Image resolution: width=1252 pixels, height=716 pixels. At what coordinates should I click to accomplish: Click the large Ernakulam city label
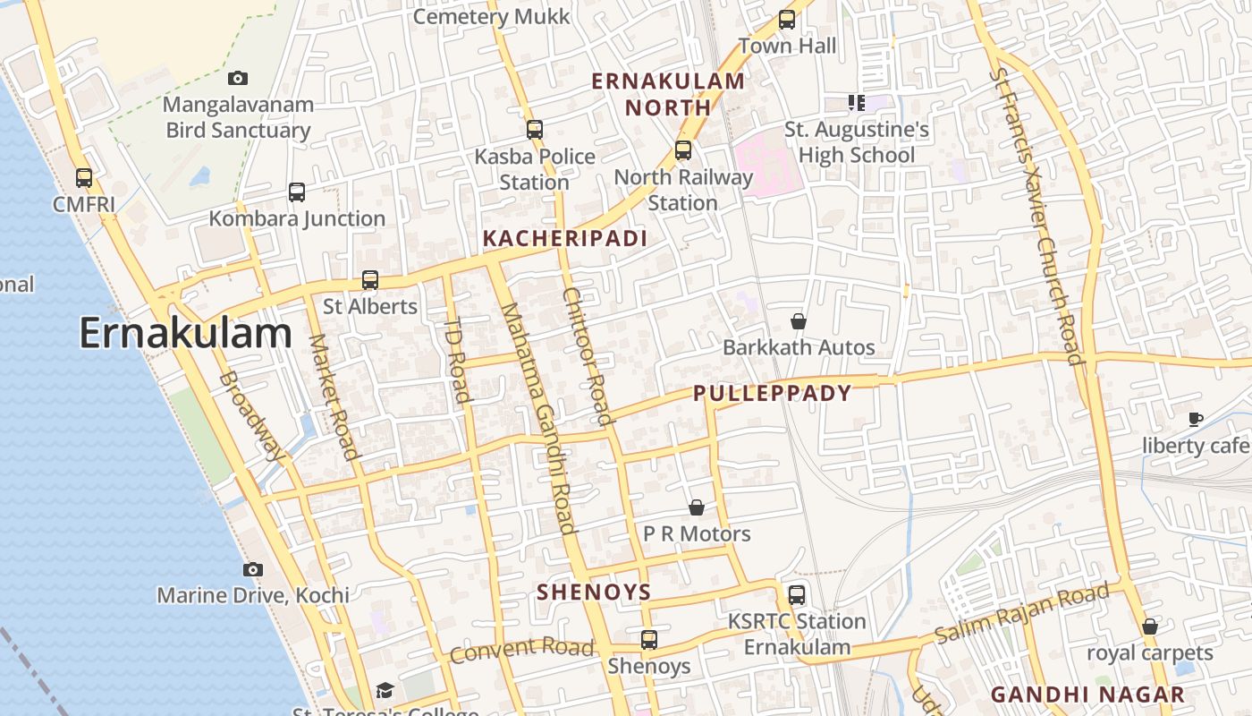[x=185, y=333]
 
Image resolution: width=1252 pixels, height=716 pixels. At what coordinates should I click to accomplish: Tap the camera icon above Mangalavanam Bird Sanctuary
[x=238, y=78]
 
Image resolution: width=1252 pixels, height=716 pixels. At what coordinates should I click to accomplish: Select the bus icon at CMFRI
[x=84, y=178]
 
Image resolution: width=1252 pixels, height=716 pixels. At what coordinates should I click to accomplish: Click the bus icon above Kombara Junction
[x=297, y=192]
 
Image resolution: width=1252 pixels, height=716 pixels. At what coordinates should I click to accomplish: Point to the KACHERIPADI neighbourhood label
[x=564, y=238]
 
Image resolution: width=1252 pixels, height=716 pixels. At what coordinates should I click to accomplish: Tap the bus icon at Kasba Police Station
[x=535, y=130]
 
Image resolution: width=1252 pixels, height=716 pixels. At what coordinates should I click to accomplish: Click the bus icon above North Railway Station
[x=683, y=150]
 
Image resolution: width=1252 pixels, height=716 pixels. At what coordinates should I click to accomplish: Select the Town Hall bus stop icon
[x=787, y=20]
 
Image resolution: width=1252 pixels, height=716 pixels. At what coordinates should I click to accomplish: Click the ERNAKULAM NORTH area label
[x=668, y=94]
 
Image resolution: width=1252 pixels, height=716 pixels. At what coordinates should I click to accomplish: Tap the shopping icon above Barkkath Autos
[x=799, y=320]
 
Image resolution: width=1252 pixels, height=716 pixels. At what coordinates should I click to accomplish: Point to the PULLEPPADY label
[x=772, y=393]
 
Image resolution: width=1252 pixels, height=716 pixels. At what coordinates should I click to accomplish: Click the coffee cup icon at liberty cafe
[x=1196, y=419]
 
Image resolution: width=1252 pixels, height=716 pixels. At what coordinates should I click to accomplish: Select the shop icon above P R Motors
[x=697, y=507]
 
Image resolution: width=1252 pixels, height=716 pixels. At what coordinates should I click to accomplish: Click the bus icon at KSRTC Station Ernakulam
[x=796, y=594]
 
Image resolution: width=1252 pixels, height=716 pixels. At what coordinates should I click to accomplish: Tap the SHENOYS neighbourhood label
[x=594, y=592]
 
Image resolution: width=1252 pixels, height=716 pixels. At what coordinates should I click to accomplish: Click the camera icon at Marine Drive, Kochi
[x=253, y=569]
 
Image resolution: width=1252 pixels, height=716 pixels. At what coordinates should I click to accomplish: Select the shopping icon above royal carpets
[x=1150, y=626]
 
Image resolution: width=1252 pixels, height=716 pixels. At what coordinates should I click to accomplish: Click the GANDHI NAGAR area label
[x=1087, y=694]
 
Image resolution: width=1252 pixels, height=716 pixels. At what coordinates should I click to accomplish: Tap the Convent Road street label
[x=521, y=650]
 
